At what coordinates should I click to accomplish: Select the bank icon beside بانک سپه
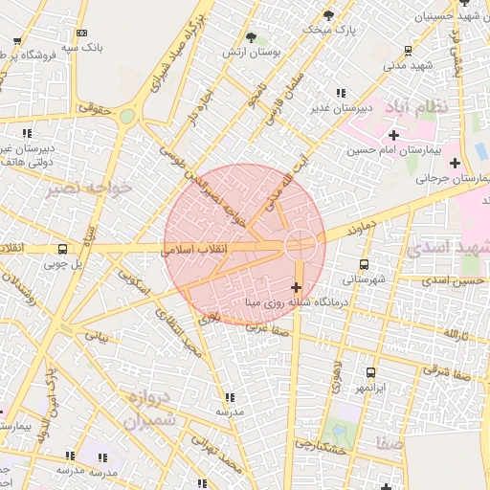(x=80, y=32)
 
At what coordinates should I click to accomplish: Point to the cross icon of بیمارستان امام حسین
(x=393, y=135)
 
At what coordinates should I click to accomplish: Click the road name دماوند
(x=356, y=230)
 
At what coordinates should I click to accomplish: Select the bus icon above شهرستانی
(x=364, y=263)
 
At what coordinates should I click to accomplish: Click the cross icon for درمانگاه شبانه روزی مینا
(x=296, y=286)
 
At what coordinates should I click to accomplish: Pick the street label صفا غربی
(x=267, y=327)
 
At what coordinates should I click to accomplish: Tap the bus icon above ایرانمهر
(x=370, y=372)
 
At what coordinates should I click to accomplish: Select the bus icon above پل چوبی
(x=62, y=249)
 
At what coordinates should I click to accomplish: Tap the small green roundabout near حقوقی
(x=126, y=116)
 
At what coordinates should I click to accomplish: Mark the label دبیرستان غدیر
(x=340, y=108)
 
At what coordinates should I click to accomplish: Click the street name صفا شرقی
(x=448, y=371)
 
